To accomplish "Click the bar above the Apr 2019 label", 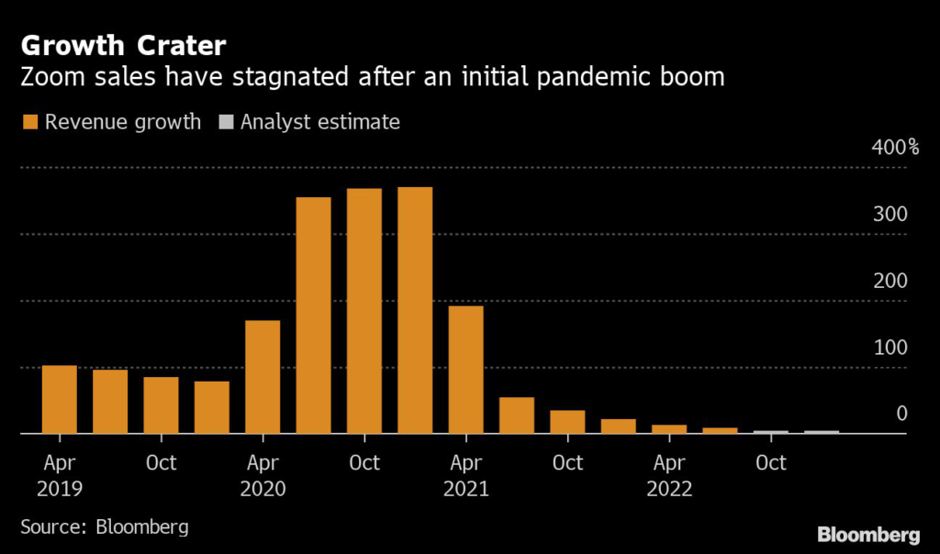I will (60, 399).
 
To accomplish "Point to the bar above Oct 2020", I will (364, 311).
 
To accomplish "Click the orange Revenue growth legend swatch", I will (29, 122).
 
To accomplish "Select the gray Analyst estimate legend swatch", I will (225, 122).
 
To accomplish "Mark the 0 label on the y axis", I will (901, 415).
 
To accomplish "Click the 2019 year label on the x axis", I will (60, 489).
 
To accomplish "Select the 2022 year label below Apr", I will (669, 489).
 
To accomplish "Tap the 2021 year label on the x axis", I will (465, 489).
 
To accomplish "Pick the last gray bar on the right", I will (821, 431).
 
